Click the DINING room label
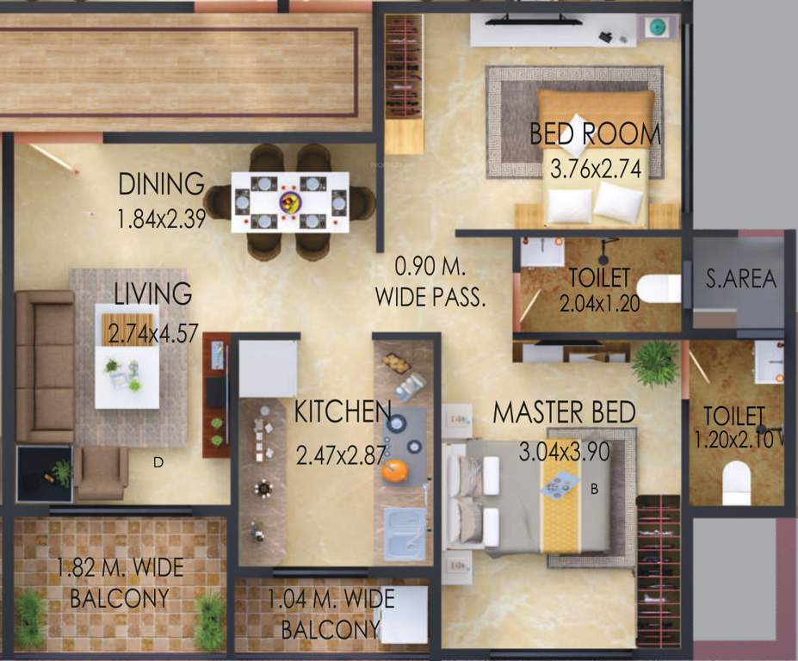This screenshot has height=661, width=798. (x=161, y=184)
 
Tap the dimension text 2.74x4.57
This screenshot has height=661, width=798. (x=151, y=333)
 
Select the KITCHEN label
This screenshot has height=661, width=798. (x=342, y=412)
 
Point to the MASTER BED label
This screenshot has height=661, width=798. (x=564, y=412)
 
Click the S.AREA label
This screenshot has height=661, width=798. (x=741, y=279)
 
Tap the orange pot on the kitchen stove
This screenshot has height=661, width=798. (x=394, y=471)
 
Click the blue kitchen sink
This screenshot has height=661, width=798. (x=404, y=533)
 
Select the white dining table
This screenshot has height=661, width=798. (x=290, y=202)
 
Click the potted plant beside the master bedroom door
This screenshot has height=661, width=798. (x=656, y=363)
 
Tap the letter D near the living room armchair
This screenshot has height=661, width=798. (x=158, y=462)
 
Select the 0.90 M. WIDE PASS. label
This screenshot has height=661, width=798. (x=430, y=281)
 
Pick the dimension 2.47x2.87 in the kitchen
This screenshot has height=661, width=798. (x=340, y=454)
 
